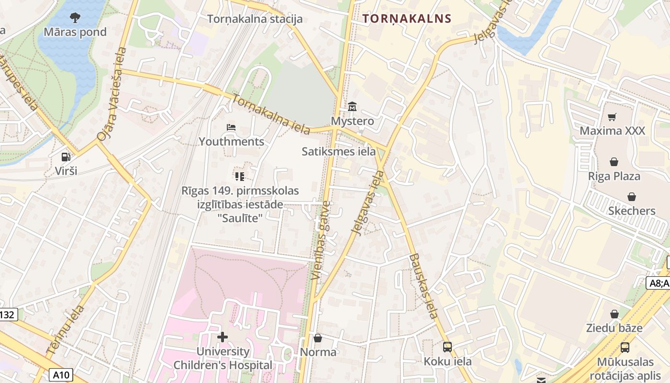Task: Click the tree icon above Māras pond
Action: [75, 18]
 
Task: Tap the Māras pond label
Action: [75, 33]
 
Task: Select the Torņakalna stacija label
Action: [255, 19]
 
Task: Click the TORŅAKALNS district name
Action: [407, 19]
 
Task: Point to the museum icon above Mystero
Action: [352, 106]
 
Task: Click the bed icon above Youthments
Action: [231, 127]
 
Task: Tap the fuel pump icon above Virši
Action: [66, 157]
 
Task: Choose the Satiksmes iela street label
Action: [338, 152]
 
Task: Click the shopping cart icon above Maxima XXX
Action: [612, 117]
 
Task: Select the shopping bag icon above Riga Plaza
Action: [614, 162]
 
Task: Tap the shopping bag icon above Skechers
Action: [632, 197]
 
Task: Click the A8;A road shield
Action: [658, 283]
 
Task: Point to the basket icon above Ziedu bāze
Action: [614, 314]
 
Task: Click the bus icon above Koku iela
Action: [447, 347]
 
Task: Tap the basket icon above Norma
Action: [318, 338]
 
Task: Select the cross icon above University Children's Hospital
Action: [223, 337]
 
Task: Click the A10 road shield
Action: [61, 374]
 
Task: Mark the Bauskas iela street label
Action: [424, 286]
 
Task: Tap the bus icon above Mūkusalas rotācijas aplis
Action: [625, 348]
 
